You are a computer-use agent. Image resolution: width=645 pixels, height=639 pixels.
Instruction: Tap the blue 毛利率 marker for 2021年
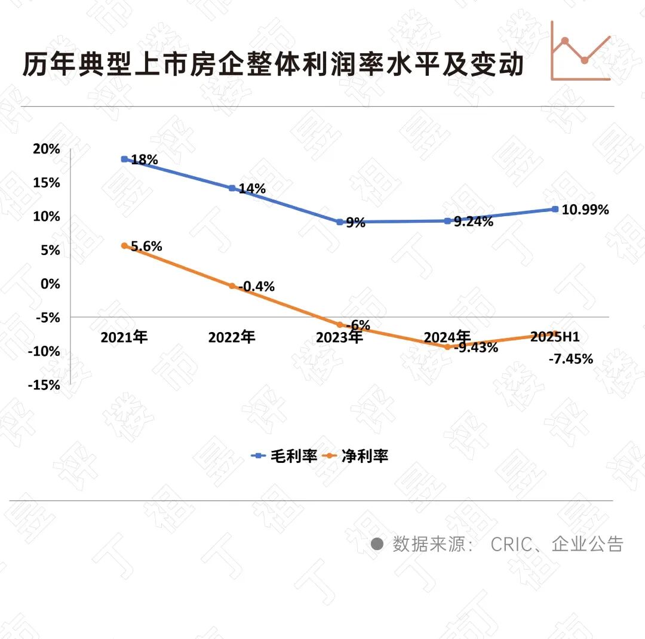click(x=124, y=159)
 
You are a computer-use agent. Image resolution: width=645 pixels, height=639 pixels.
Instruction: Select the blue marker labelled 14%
click(x=232, y=188)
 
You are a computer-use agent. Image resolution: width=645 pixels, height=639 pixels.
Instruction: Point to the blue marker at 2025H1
click(x=555, y=209)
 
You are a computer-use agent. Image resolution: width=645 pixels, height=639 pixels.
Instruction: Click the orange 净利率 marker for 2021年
click(x=124, y=245)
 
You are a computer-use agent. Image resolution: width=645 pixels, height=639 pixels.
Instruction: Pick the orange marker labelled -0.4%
click(x=232, y=286)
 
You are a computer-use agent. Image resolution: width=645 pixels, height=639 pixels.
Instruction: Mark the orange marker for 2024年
click(x=447, y=346)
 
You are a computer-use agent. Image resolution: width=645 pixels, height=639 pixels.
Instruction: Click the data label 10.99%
click(x=585, y=210)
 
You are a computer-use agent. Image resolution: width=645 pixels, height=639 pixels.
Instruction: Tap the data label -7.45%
click(x=570, y=359)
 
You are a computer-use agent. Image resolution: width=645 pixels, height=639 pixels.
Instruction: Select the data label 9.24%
click(x=474, y=222)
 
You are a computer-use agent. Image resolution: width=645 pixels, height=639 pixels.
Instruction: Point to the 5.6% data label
click(x=146, y=246)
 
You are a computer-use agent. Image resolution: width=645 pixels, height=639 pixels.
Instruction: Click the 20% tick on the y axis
click(x=47, y=149)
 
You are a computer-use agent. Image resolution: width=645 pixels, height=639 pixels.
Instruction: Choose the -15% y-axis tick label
click(x=44, y=385)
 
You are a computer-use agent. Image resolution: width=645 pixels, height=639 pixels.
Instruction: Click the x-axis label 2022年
click(x=232, y=337)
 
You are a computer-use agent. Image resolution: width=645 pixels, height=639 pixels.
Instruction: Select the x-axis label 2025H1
click(x=555, y=337)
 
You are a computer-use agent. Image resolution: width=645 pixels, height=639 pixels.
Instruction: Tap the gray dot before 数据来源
click(x=377, y=544)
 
